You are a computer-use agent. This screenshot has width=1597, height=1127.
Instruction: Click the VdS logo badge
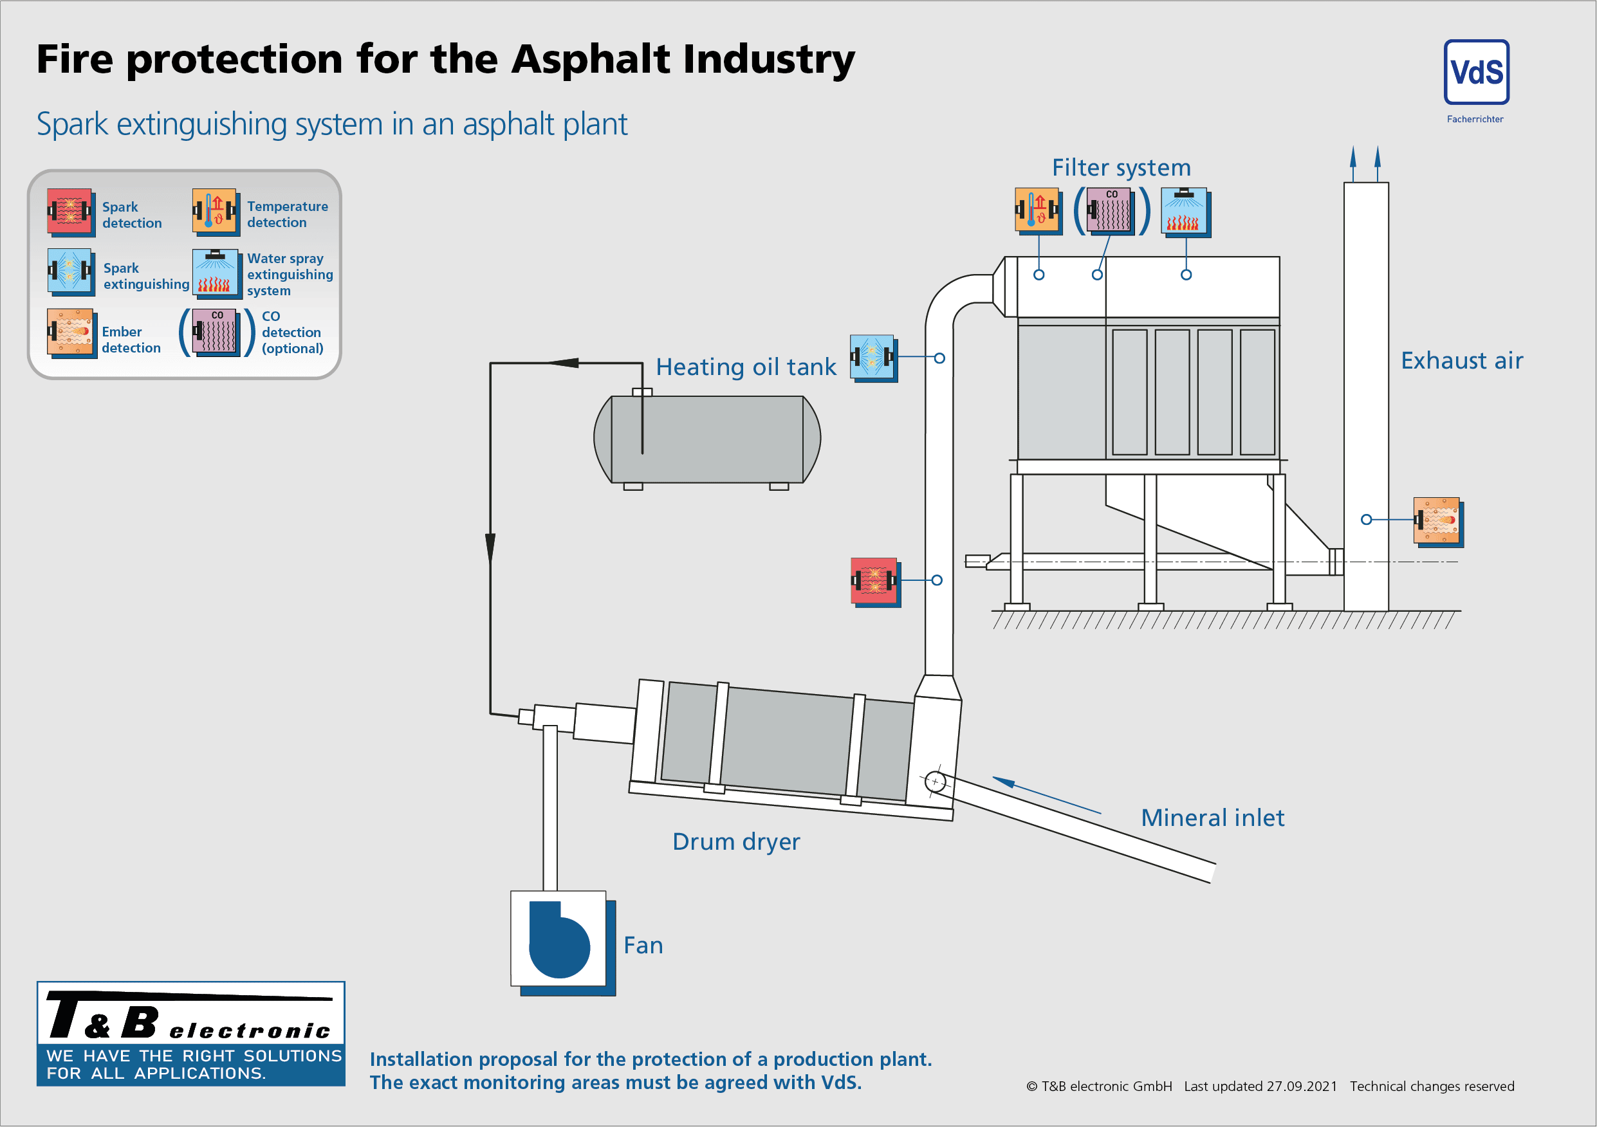point(1476,72)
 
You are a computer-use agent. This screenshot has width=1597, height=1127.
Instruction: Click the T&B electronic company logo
point(190,1033)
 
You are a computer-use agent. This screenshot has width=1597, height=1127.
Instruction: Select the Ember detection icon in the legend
point(69,333)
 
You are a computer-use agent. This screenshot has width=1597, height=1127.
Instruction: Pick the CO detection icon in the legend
point(216,333)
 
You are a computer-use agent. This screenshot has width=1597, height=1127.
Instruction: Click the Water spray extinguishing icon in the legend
point(215,272)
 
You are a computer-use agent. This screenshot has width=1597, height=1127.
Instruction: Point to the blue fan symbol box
point(558,939)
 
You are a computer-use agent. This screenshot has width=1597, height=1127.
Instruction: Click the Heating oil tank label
point(746,367)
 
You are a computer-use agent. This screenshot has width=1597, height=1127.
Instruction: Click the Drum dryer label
point(736,842)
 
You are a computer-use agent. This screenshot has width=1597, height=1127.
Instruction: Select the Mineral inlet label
point(1212,818)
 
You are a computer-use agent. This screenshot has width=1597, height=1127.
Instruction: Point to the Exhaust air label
point(1461,361)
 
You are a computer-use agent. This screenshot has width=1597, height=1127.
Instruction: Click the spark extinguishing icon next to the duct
point(872,358)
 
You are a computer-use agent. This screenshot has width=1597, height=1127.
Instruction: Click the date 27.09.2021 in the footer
point(1302,1086)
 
